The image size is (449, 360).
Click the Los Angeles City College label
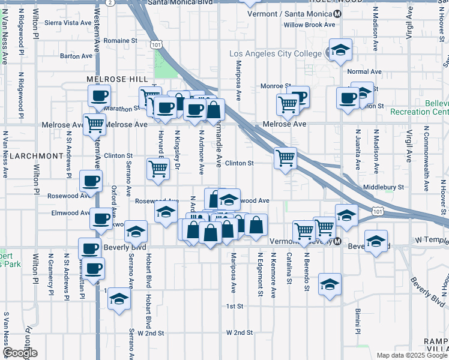pos(276,54)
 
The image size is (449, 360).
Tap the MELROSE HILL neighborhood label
pos(116,79)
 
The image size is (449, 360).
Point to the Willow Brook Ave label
pos(309,25)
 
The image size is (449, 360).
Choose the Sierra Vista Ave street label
pos(67,23)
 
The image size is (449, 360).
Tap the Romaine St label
pos(121,41)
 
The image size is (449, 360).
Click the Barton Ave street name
pos(76,56)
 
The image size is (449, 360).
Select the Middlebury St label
pos(384,187)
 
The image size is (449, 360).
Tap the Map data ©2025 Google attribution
pos(412,355)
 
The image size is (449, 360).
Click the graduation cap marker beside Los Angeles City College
pos(340,50)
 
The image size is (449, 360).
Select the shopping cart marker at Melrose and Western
pos(94,124)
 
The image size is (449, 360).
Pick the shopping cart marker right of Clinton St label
pos(285,158)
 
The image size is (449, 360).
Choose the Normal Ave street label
pos(364,71)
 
